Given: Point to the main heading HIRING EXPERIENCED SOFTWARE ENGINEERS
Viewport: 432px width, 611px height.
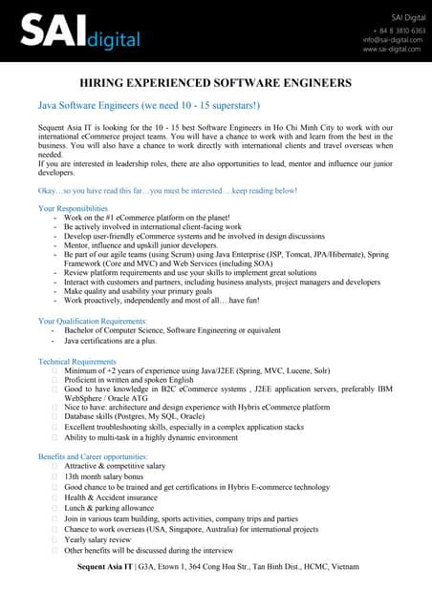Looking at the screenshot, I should (x=215, y=83).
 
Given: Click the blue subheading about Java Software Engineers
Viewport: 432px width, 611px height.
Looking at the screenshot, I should (x=142, y=104).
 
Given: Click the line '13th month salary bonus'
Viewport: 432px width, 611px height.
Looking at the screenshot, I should (x=103, y=475).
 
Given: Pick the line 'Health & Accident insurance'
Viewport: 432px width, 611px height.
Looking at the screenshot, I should (x=111, y=497).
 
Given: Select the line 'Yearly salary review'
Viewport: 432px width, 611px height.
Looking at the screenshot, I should (x=98, y=539).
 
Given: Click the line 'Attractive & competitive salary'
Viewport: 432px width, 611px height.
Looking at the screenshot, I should (x=115, y=466).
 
